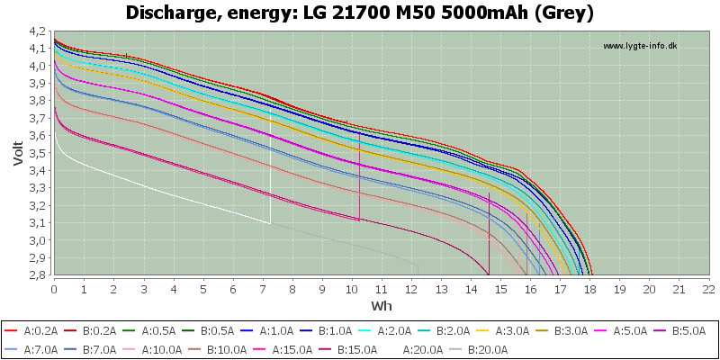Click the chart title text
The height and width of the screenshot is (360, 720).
360,13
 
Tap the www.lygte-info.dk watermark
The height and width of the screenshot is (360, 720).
640,46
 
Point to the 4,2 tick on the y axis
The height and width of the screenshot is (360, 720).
41,31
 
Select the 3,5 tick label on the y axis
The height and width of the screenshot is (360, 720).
41,153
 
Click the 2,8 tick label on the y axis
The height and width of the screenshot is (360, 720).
41,275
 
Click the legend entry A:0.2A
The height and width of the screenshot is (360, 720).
33,330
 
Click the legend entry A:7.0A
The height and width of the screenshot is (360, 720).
33,349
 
